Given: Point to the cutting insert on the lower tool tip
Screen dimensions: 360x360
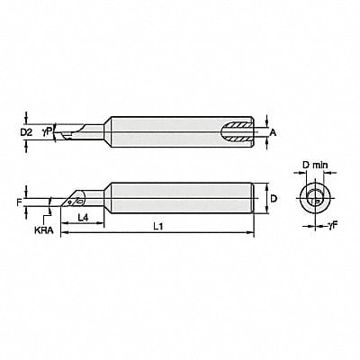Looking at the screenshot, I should (x=70, y=202).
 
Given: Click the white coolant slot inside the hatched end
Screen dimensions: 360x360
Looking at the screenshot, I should (x=239, y=133).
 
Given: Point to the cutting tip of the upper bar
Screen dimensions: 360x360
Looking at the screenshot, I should (x=58, y=134).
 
